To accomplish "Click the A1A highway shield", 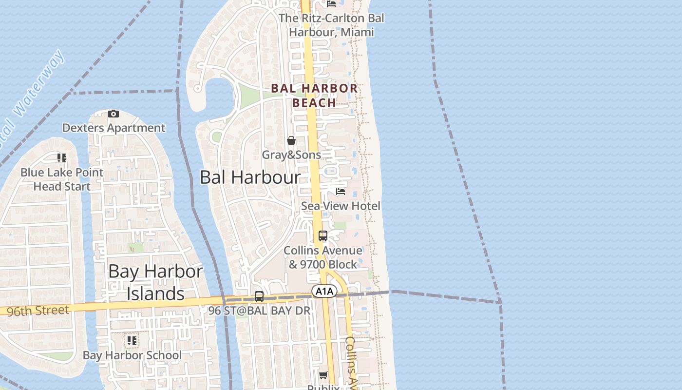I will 324,292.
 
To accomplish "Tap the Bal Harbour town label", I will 250,177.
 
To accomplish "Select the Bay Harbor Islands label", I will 155,283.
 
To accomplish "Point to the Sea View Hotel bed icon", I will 341,191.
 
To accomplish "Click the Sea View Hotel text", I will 341,206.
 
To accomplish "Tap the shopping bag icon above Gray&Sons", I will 291,140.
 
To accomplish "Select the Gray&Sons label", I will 291,155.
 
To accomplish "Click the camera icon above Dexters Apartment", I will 114,114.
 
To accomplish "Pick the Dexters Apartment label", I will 114,128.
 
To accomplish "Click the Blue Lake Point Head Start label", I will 62,179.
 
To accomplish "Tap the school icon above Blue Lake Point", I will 62,157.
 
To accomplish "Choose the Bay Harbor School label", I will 132,355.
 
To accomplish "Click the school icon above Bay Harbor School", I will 132,340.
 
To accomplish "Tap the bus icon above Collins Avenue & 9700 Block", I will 323,236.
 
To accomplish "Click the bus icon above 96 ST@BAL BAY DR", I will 259,296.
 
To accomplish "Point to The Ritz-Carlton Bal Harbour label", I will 331,25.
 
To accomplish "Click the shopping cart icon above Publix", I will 323,375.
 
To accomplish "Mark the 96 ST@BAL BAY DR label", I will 259,311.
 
